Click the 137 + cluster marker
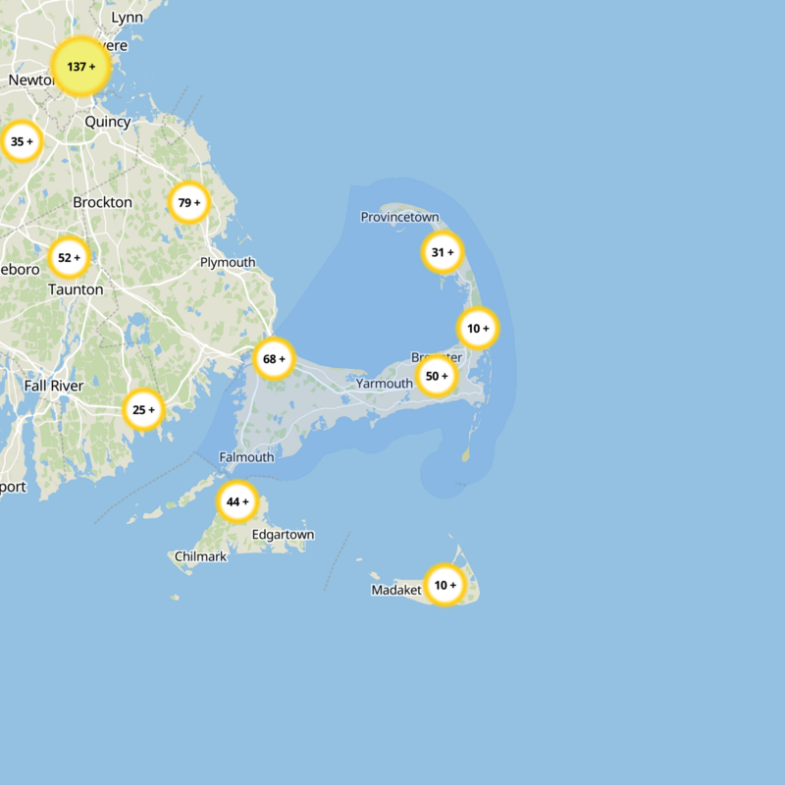tap(80, 67)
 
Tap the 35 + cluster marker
tap(21, 142)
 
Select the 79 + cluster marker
tap(189, 203)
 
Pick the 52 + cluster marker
tap(69, 258)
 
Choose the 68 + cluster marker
tap(274, 359)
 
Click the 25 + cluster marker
tap(143, 410)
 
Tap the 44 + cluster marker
tap(237, 501)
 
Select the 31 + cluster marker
tap(443, 252)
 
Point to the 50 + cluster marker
tap(437, 376)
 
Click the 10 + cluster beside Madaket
tap(445, 585)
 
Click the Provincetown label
tap(399, 217)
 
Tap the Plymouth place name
tap(228, 262)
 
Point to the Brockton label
tap(102, 202)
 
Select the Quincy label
tap(108, 122)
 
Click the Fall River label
tap(54, 386)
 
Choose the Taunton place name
tap(76, 289)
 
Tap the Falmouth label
tap(246, 457)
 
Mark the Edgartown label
tap(284, 535)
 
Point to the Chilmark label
tap(200, 556)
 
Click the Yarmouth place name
tap(385, 384)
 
